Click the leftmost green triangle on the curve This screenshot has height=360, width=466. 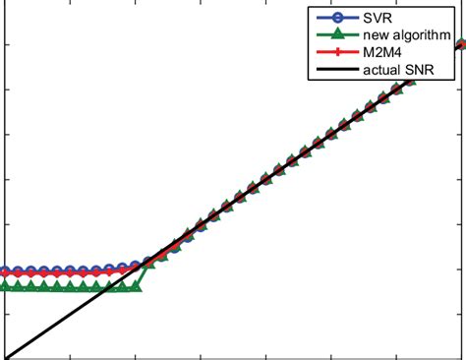click(5, 286)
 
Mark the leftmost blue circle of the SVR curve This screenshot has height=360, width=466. click(5, 270)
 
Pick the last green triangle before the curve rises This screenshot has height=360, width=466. click(136, 286)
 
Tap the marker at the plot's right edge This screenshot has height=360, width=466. click(462, 44)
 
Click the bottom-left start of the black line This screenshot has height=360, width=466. click(4, 358)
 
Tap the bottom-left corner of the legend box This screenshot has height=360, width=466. click(309, 81)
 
